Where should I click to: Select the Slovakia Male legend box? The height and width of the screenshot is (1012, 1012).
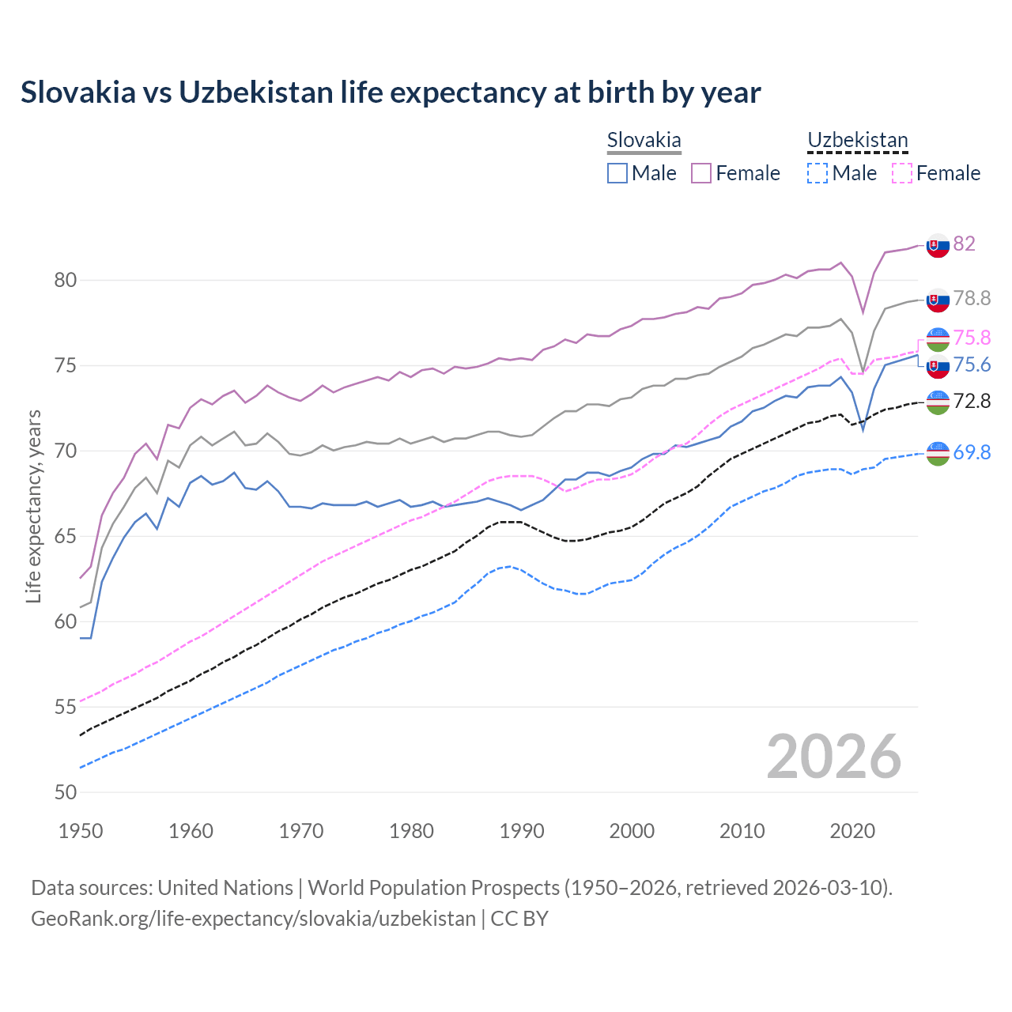[x=617, y=173]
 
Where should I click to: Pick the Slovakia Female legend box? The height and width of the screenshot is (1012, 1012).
[x=701, y=173]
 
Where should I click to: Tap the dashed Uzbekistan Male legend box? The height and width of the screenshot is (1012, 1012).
[x=818, y=173]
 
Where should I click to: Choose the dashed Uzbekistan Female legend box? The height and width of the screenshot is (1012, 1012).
[x=901, y=173]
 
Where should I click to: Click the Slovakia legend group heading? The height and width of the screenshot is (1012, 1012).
[x=644, y=141]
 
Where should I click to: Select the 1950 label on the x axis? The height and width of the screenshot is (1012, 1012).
[x=81, y=831]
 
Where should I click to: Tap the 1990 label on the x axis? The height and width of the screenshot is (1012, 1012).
[x=522, y=831]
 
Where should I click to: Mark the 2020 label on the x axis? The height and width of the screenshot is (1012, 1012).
[x=852, y=831]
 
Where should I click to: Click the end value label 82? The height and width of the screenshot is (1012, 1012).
[x=965, y=244]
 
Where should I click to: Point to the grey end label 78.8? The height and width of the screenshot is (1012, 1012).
[x=972, y=298]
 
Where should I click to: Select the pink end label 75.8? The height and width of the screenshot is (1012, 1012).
[x=972, y=338]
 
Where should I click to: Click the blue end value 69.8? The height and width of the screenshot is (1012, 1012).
[x=972, y=452]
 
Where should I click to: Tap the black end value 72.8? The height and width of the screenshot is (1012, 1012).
[x=972, y=402]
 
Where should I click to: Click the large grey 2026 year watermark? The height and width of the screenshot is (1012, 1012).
[x=834, y=757]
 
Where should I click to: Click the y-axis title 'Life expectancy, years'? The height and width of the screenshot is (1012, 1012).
[x=34, y=506]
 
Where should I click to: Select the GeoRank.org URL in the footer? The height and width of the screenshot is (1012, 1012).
[x=253, y=919]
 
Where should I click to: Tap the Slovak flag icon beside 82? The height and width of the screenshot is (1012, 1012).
[x=938, y=245]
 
